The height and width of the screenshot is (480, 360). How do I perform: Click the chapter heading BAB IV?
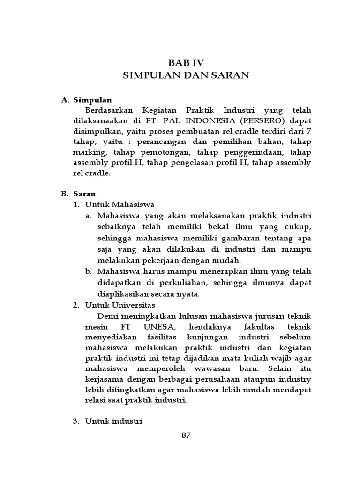[x=186, y=62]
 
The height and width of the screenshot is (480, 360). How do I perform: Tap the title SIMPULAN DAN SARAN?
[x=186, y=75]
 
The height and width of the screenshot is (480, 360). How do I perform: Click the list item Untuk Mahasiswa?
[x=120, y=204]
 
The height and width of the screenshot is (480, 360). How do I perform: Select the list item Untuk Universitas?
[x=120, y=305]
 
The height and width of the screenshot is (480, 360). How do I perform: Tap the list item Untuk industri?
[x=113, y=421]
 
